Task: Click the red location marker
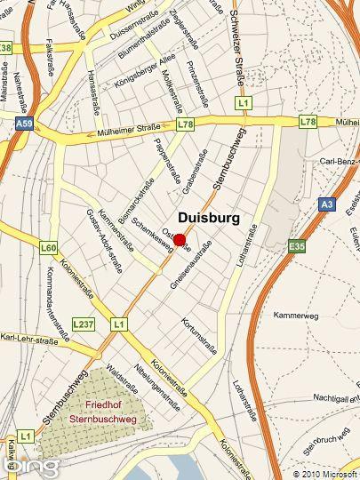(180, 239)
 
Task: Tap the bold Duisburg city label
(209, 217)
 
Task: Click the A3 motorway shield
(326, 204)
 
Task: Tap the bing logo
(36, 465)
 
